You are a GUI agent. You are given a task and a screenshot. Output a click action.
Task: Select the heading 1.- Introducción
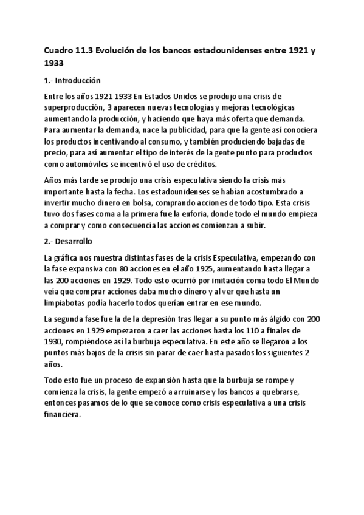tap(72, 80)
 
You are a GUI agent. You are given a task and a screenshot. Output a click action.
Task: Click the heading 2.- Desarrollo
tap(68, 240)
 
